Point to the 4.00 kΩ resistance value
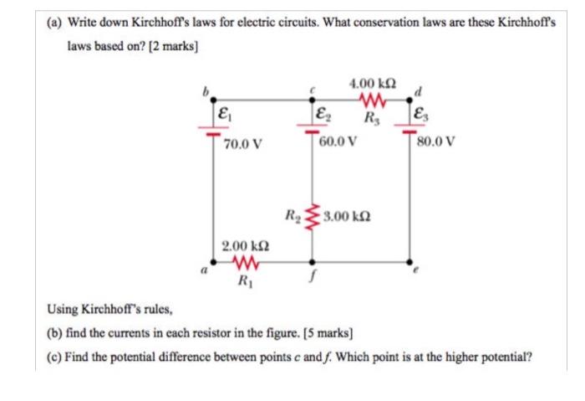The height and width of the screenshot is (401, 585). (372, 85)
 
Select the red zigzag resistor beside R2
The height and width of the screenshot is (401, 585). (312, 218)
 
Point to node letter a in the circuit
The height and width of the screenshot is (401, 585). (201, 270)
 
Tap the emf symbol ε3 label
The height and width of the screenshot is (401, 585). (419, 115)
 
